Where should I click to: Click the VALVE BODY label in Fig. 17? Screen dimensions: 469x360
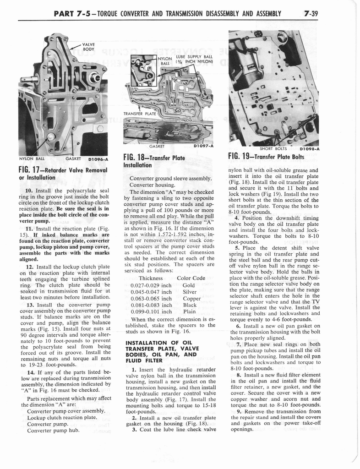(x=89, y=46)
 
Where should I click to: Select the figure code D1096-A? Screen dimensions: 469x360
(x=95, y=160)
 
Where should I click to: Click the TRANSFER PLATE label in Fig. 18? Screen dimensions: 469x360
(x=140, y=114)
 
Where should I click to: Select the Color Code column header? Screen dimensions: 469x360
(x=191, y=278)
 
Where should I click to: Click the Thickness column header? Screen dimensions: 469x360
(x=151, y=278)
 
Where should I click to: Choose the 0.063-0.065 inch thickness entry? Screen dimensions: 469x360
(x=151, y=299)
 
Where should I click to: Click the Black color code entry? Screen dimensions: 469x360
(x=190, y=305)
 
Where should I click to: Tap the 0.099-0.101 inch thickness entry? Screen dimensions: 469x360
(x=151, y=312)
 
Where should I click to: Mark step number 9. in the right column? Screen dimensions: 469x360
(x=240, y=411)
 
